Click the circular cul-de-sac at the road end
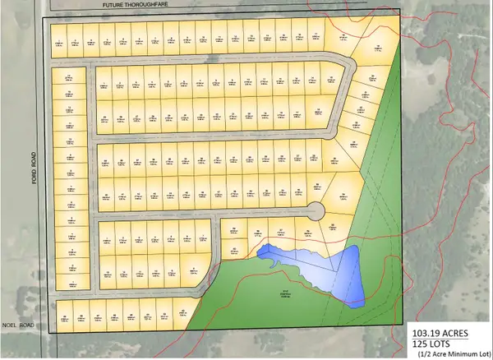tap(316, 211)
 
